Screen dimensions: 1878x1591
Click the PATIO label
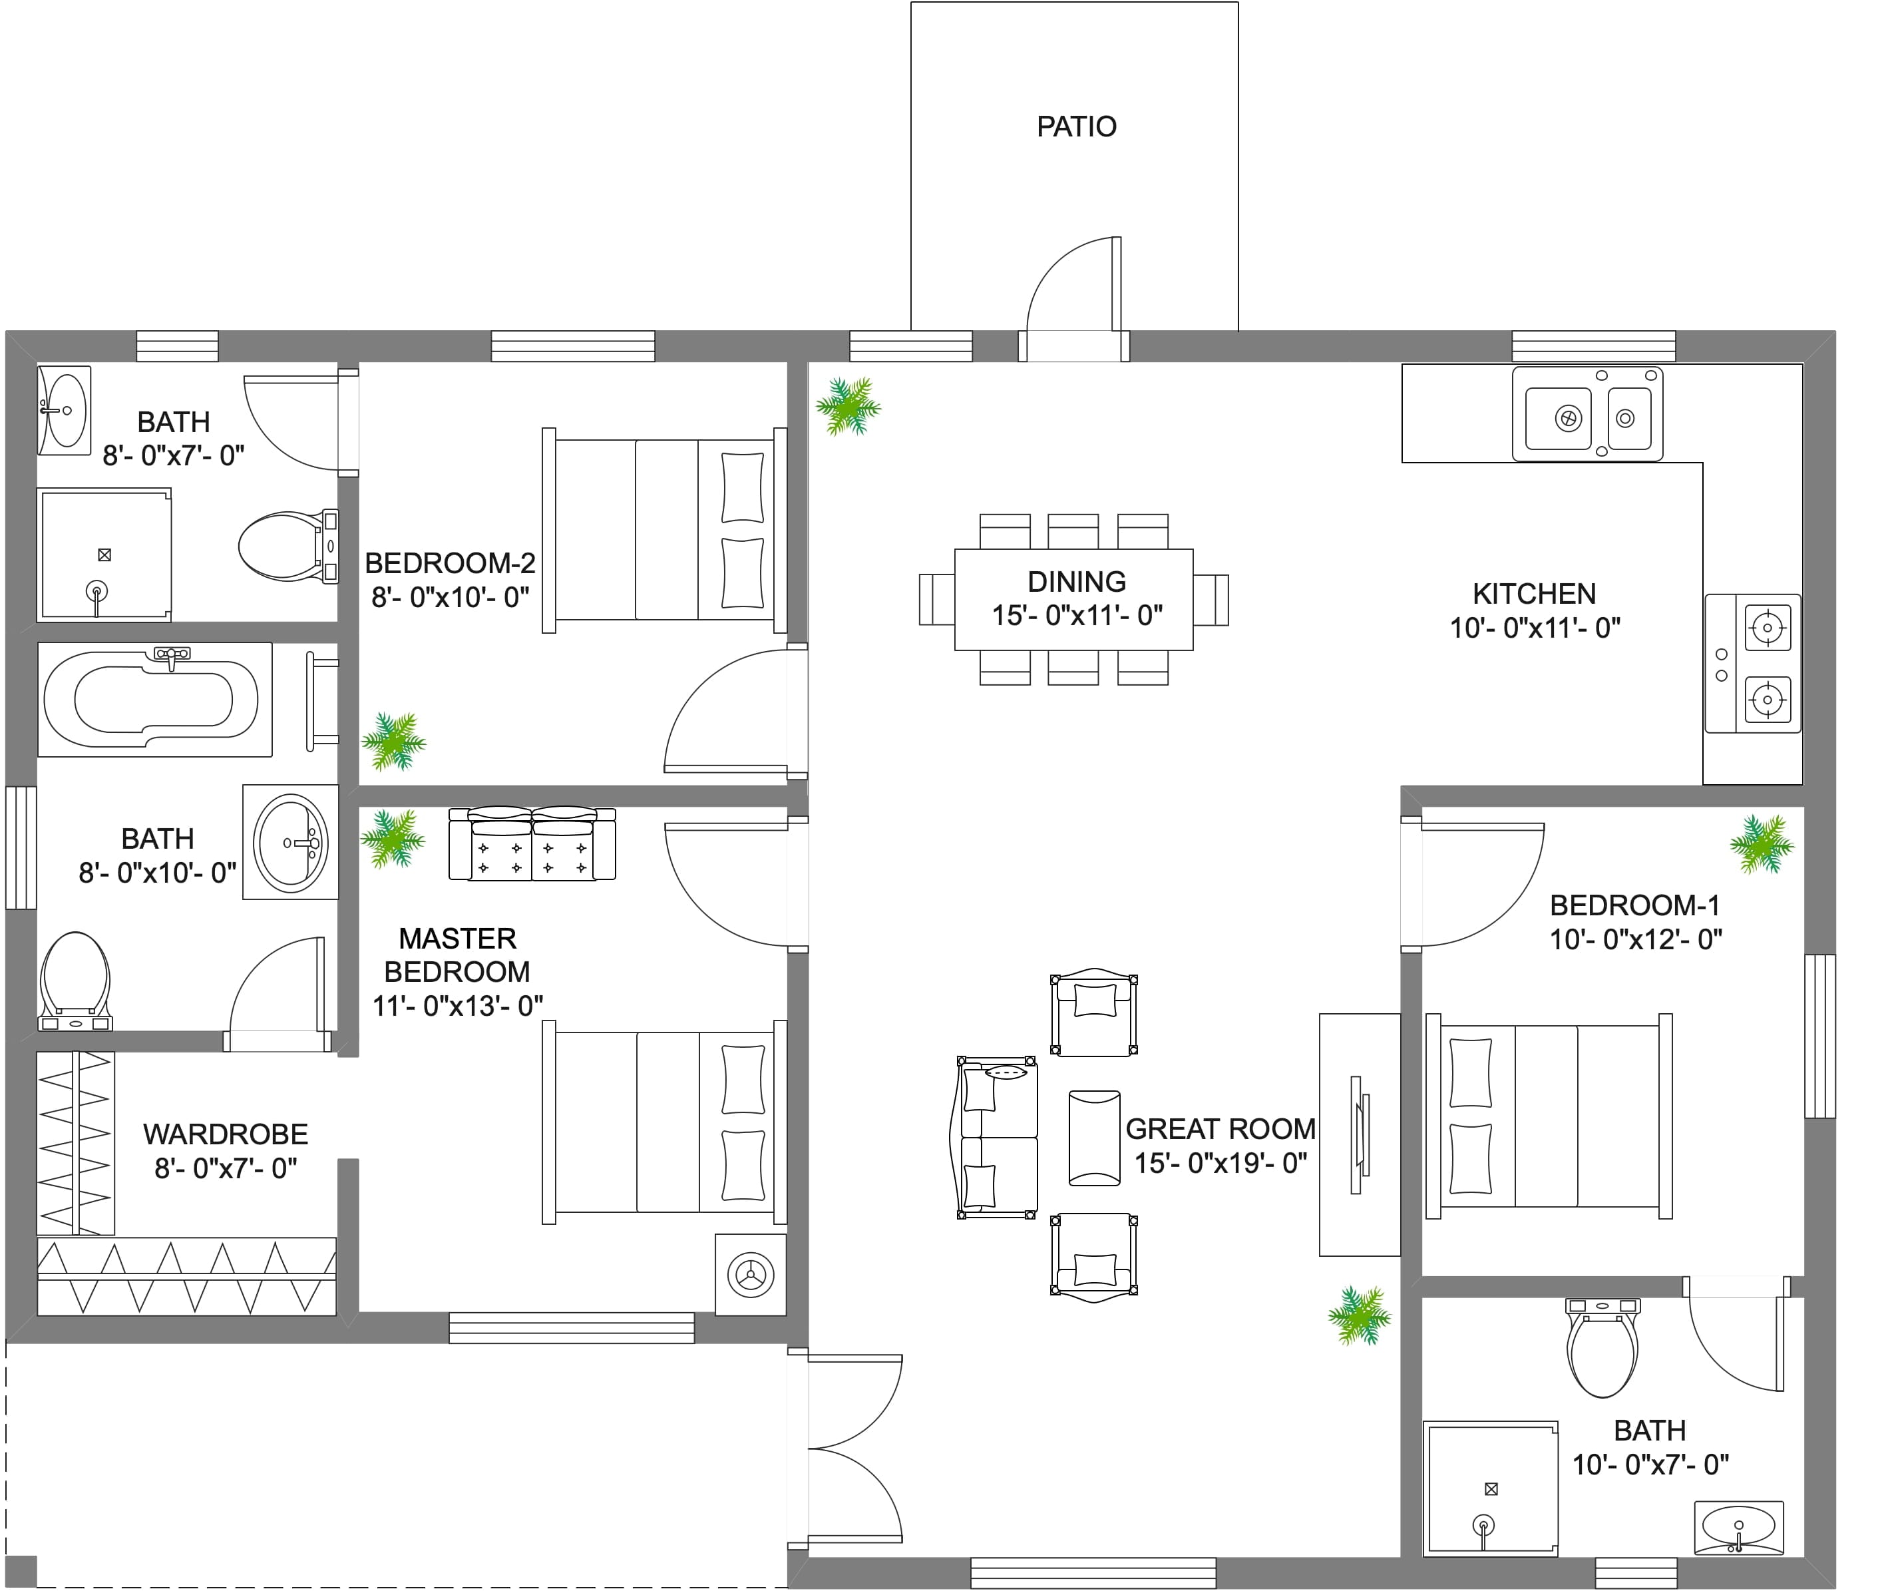pos(1077,126)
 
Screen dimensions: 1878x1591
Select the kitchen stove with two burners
pos(1753,663)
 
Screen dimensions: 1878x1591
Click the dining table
pos(1074,599)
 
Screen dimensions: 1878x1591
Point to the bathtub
pos(155,699)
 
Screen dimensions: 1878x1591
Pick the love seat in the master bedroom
pos(532,843)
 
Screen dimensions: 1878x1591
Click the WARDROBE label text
pos(226,1134)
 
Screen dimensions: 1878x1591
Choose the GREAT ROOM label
pos(1221,1128)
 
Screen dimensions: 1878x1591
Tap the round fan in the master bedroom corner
pos(750,1274)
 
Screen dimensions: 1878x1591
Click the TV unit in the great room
pos(1360,1134)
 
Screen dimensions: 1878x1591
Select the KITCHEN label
pos(1535,594)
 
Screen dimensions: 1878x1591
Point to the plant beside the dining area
pos(847,406)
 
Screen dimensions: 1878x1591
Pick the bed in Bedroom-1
pos(1549,1116)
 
